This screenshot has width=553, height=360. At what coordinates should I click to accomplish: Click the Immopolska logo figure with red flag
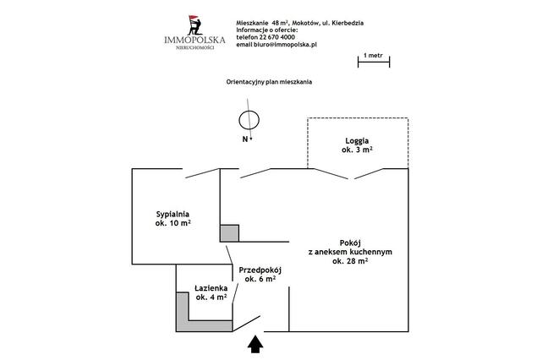point(195,25)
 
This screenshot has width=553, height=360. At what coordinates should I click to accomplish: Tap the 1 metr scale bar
point(374,63)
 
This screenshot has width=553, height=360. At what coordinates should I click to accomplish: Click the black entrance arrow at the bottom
point(255,345)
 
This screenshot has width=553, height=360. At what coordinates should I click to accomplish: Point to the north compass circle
point(249,120)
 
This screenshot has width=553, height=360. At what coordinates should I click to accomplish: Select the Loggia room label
point(357,140)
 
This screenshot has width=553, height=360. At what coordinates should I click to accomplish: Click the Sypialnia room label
point(172,214)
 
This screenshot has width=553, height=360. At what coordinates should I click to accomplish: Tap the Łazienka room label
point(211,288)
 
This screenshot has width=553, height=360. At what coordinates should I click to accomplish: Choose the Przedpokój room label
point(260,270)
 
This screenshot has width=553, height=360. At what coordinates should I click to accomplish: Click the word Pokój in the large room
point(350,243)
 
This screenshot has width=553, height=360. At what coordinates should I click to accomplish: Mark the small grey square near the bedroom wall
point(230,233)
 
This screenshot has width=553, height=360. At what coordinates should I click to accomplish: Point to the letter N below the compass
point(245,139)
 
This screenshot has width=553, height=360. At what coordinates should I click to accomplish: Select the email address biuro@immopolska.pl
point(285,45)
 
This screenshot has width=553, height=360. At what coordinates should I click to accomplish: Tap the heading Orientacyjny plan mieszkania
point(269,82)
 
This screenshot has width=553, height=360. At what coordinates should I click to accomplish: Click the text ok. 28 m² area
point(350,261)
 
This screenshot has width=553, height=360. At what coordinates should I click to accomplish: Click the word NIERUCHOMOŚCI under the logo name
point(195,47)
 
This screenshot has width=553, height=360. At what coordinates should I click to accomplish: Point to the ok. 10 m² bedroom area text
point(172,223)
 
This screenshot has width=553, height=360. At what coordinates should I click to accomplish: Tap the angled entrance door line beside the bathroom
point(246,324)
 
